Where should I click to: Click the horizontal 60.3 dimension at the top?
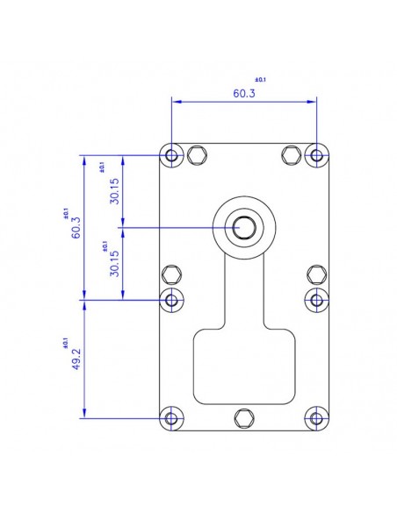point(244,94)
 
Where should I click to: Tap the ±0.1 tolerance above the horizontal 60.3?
point(259,80)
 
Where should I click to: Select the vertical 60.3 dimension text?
point(76,228)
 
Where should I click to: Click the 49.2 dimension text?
point(76,359)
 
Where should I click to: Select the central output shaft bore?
point(244,228)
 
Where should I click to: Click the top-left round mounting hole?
point(172,156)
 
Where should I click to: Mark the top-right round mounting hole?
point(316,156)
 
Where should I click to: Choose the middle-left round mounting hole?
point(172,300)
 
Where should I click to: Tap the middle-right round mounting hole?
point(316,300)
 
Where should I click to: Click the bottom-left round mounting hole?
point(172,417)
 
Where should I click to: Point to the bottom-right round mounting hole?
point(316,417)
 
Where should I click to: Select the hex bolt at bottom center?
point(244,417)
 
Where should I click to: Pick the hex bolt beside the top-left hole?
point(198,155)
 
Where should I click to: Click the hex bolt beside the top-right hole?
point(291,155)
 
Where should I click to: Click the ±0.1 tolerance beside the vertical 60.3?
point(64,213)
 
